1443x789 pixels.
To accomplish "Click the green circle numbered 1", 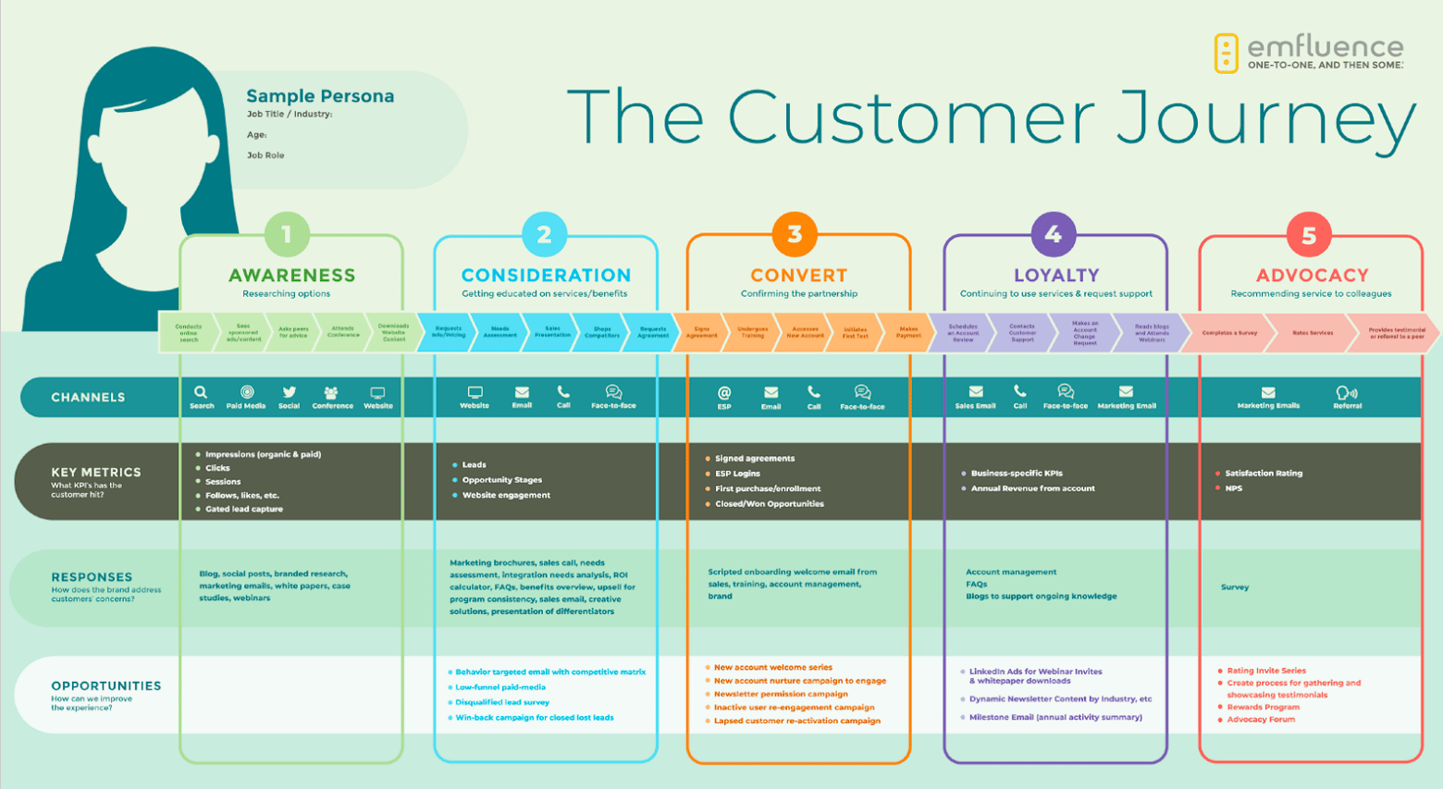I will point(287,235).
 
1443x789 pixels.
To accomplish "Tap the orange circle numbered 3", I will point(795,234).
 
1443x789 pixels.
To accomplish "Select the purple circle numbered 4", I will point(1053,235).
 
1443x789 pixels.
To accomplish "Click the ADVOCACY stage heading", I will point(1312,276).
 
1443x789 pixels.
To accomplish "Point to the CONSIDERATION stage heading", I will point(546,276).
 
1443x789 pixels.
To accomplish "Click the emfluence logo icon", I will point(1226,54).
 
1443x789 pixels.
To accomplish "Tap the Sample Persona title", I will point(320,96).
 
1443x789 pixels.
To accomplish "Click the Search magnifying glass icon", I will point(201,392).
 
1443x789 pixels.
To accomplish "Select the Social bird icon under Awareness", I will point(290,392).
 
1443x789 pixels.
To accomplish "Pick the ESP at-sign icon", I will point(724,392).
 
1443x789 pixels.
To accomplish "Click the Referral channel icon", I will point(1347,392).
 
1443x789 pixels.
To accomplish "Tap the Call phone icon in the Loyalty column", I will point(1019,391).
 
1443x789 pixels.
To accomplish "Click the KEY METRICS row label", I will point(96,473).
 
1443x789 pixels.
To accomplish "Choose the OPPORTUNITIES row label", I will point(106,686).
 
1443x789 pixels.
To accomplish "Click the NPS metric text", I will point(1234,488).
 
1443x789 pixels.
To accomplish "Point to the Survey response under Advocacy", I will point(1235,587).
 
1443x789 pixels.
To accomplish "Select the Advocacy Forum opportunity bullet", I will point(1261,720).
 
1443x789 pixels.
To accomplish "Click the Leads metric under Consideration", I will point(474,465).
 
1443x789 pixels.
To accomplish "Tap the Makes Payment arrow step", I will point(908,333).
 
